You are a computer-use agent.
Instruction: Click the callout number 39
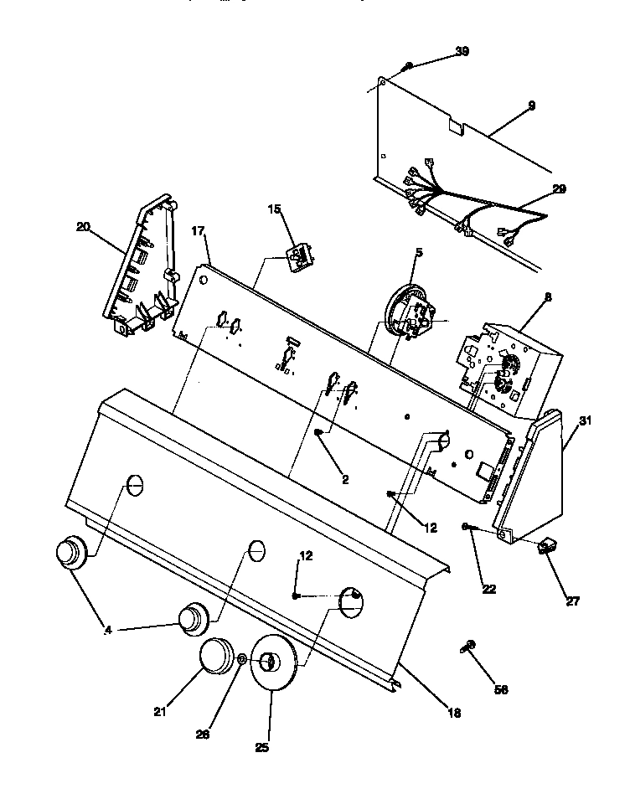[x=462, y=52]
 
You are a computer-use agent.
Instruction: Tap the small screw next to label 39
[x=408, y=66]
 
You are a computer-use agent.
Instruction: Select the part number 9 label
[x=531, y=106]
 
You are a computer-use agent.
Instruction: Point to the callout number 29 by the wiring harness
[x=559, y=189]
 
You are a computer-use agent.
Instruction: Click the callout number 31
[x=586, y=420]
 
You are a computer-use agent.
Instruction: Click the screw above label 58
[x=468, y=646]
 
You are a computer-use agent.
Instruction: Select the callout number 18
[x=453, y=714]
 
